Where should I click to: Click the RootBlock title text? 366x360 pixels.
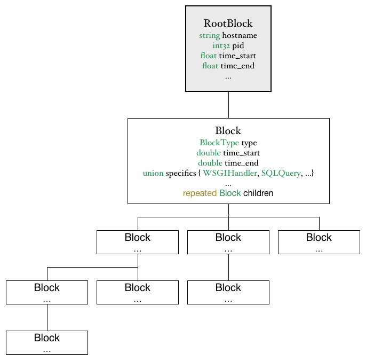click(x=228, y=24)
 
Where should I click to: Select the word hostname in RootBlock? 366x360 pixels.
click(x=240, y=35)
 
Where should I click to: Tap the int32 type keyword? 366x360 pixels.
click(x=221, y=45)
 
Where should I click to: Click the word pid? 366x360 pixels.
click(x=238, y=46)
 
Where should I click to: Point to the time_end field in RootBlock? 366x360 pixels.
click(x=237, y=66)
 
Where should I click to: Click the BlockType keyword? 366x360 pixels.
click(x=219, y=143)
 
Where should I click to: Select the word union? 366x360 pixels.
click(x=153, y=173)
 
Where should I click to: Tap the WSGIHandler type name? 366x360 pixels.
click(x=230, y=173)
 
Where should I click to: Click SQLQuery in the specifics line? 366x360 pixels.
click(x=281, y=173)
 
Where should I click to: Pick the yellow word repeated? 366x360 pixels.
click(x=200, y=193)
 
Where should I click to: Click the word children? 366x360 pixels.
click(x=258, y=193)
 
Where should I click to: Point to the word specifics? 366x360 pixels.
click(x=181, y=173)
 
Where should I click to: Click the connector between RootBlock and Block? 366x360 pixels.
click(x=228, y=105)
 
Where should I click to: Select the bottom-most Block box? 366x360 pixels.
click(x=47, y=342)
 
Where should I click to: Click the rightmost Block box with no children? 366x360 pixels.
click(x=319, y=242)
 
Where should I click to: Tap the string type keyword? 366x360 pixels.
click(x=209, y=35)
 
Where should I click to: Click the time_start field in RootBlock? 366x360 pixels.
click(x=237, y=56)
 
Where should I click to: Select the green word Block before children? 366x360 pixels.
click(x=230, y=193)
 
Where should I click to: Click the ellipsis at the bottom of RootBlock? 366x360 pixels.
click(x=228, y=77)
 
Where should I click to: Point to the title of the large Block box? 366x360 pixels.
click(x=228, y=130)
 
